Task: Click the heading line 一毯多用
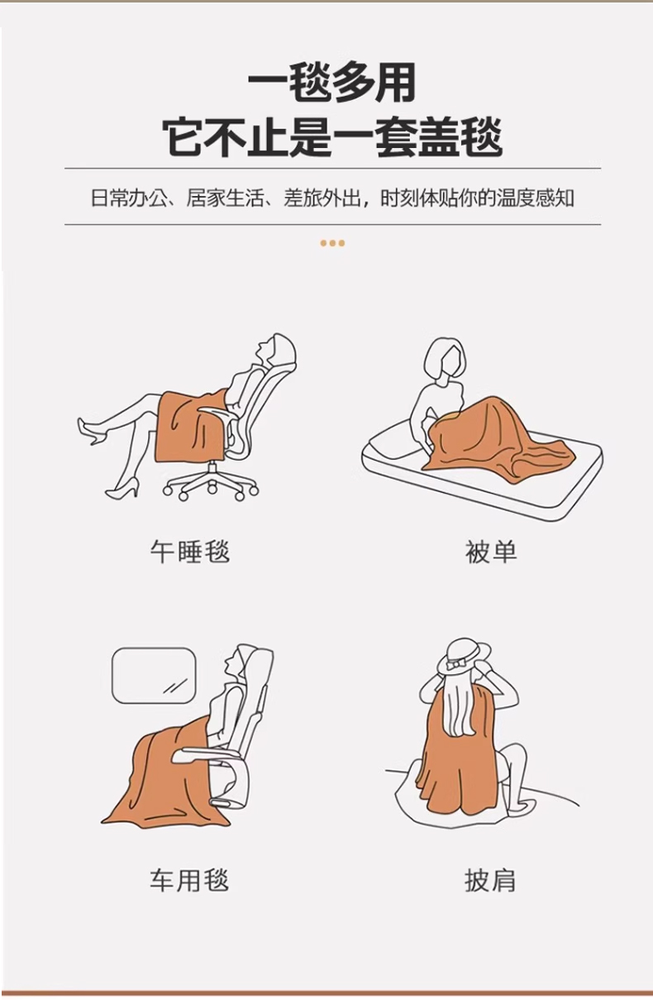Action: point(331,84)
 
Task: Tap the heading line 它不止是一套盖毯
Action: point(332,136)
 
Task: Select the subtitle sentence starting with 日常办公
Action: point(332,199)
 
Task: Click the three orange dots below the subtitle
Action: point(332,243)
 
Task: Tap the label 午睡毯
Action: point(190,553)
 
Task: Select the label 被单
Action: point(491,553)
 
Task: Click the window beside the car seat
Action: point(154,676)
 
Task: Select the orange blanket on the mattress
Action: point(498,440)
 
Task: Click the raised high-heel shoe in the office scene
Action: point(92,432)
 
